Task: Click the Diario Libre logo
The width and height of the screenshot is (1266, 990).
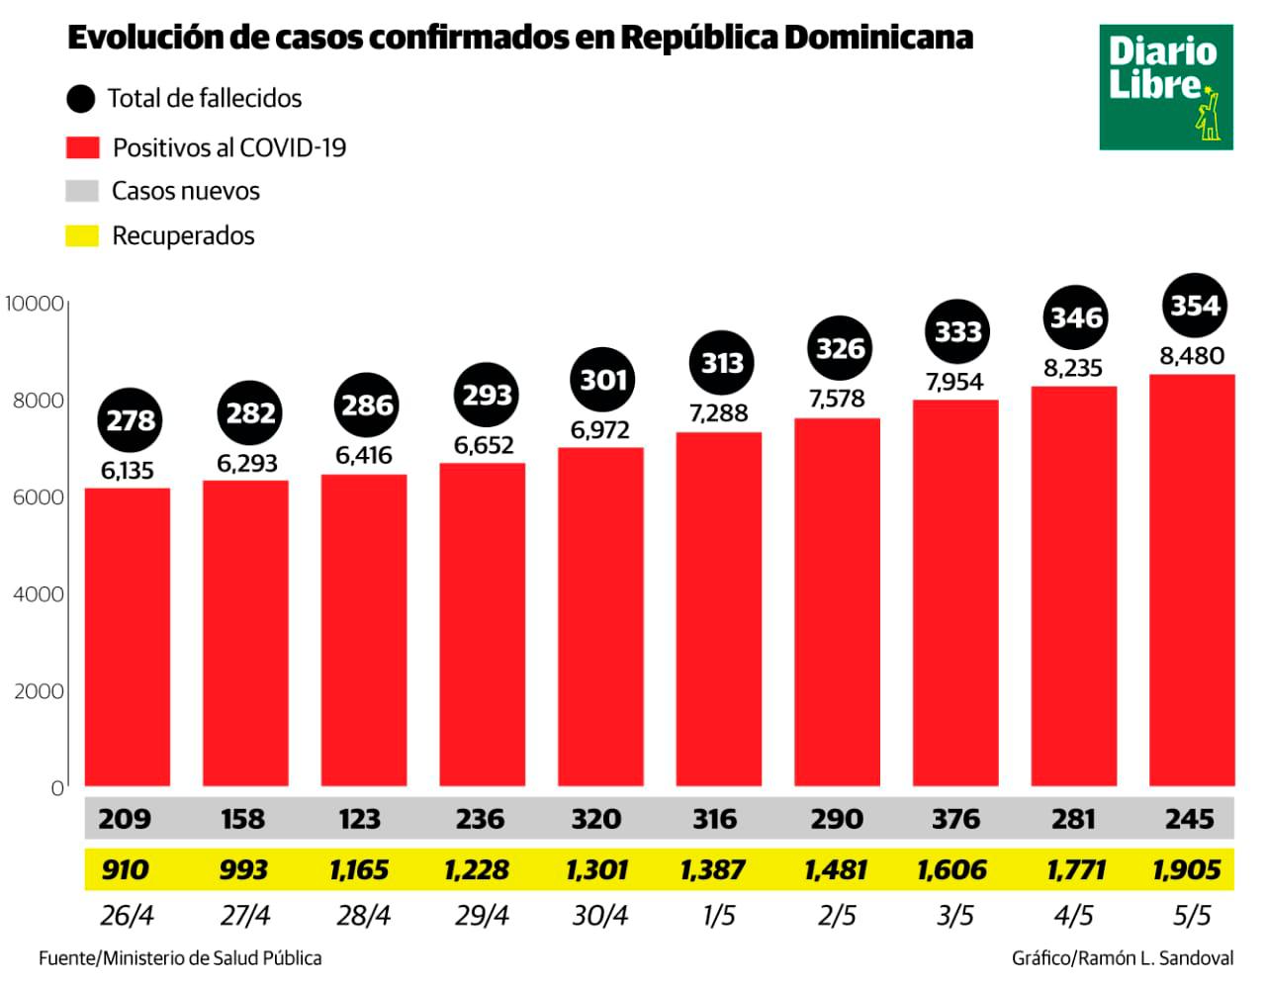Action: click(x=1165, y=88)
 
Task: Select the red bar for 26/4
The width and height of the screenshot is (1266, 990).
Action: click(x=127, y=637)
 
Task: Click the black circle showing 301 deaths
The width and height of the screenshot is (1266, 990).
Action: click(x=602, y=380)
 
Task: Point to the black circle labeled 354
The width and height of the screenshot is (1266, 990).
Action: click(x=1195, y=306)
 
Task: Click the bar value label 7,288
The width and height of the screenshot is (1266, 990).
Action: click(x=719, y=413)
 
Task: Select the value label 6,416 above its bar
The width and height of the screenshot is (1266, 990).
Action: click(x=364, y=456)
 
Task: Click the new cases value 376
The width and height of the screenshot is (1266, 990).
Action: click(x=955, y=819)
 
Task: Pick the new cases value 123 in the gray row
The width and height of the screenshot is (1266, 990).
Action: click(x=360, y=819)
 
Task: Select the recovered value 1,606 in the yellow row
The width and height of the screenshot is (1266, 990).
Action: click(x=951, y=870)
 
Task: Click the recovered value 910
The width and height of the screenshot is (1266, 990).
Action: click(x=126, y=870)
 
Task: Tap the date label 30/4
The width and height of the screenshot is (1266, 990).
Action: click(x=600, y=916)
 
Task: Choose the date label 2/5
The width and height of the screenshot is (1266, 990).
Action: click(x=837, y=916)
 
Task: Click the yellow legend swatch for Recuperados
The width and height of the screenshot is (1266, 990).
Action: click(x=82, y=236)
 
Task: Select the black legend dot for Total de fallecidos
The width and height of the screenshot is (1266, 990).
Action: click(x=80, y=99)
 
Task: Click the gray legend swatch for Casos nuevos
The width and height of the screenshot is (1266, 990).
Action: click(x=82, y=191)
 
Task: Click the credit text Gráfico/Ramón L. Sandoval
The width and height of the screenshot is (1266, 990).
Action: click(x=1122, y=958)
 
